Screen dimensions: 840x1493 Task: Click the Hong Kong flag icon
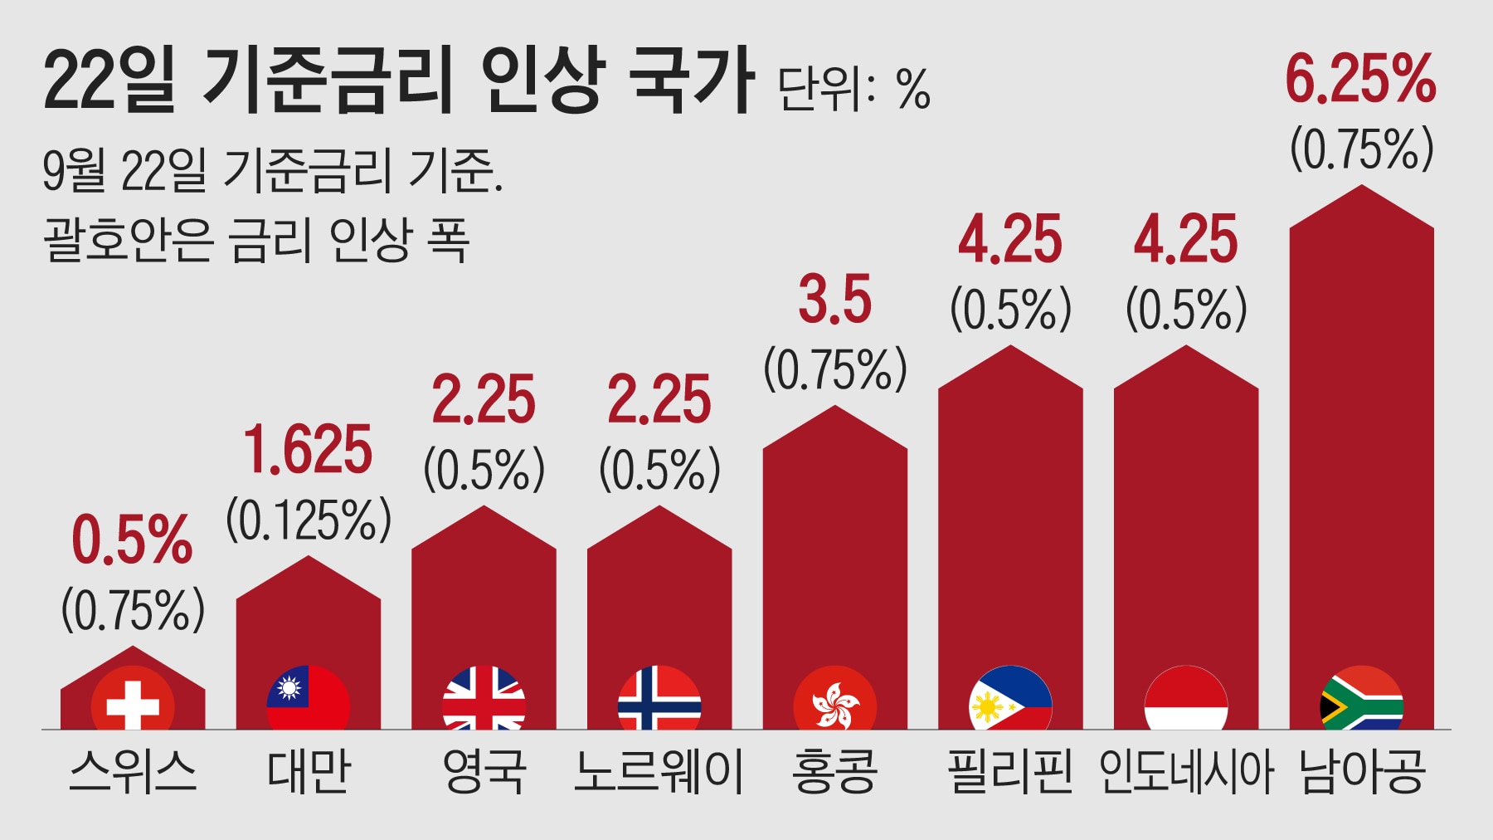coord(834,701)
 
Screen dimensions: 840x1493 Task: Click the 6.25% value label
coord(1360,80)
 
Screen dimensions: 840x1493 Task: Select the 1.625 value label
coord(308,450)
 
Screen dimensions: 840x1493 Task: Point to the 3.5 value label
coord(834,300)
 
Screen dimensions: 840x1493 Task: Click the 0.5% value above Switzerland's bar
coord(132,540)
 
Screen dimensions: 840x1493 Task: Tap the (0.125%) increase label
coord(309,520)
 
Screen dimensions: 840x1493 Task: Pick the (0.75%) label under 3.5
coord(834,369)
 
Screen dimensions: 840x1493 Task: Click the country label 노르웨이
coord(659,771)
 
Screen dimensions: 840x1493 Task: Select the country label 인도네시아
coord(1185,771)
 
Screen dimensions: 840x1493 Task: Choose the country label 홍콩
coord(834,771)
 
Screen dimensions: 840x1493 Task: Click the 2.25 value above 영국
coord(484,400)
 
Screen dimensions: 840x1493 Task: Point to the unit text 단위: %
coord(853,89)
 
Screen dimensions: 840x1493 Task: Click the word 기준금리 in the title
coord(328,80)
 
